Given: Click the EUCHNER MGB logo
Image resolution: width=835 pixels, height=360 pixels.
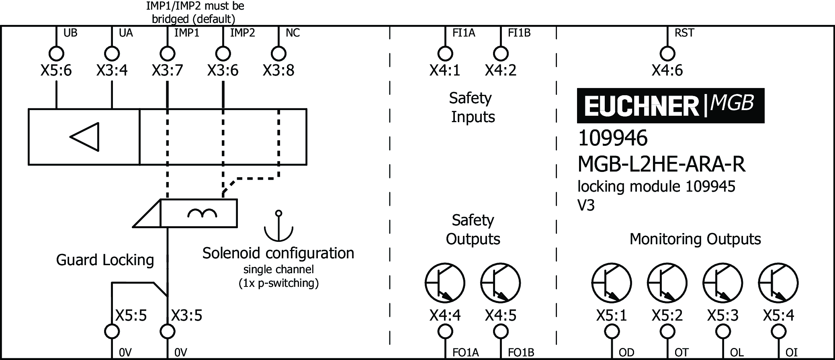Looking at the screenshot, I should click(670, 106).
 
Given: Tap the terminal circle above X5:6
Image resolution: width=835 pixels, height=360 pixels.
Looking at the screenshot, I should click(56, 53).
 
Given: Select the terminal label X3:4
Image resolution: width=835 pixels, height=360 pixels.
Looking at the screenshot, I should click(112, 71).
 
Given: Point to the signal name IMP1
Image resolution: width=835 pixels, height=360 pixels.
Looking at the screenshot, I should click(187, 33).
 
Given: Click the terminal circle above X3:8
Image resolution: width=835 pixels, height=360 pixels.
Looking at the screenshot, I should click(278, 53).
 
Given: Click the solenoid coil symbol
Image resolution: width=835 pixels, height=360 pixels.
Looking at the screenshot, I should click(202, 213).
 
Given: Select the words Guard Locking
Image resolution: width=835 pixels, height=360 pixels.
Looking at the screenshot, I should click(105, 260).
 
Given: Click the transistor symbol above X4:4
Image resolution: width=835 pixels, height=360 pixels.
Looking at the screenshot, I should click(445, 283).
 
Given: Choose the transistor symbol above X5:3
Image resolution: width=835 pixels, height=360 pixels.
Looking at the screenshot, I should click(722, 283).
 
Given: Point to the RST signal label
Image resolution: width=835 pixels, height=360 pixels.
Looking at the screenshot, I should click(684, 33).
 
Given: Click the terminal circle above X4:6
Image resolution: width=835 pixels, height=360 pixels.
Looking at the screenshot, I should click(667, 53).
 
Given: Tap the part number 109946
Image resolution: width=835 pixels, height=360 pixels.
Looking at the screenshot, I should click(612, 138).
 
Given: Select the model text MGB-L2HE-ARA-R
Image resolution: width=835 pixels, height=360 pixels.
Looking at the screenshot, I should click(661, 164).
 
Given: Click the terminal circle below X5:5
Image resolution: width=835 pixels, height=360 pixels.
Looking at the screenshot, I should click(112, 332).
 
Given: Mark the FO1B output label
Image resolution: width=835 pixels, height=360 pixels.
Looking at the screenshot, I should click(521, 353).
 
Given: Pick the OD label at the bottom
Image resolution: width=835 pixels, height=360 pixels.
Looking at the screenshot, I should click(626, 353).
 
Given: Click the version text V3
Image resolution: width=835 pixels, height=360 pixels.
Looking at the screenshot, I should click(586, 206).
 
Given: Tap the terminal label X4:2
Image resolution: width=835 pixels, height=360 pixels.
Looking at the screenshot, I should click(500, 71).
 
